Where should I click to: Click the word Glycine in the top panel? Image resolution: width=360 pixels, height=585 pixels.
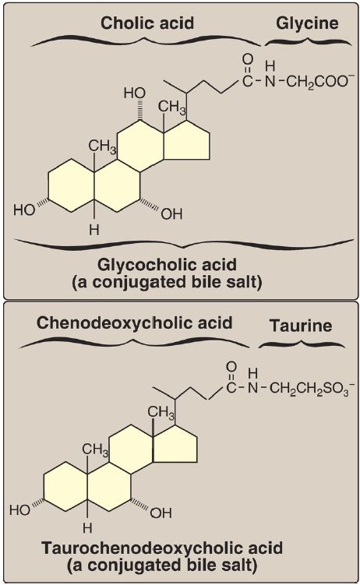pos(307,23)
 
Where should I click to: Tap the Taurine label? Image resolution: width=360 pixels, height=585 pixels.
pos(301,326)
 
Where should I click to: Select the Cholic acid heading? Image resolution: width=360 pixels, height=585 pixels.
pos(147,23)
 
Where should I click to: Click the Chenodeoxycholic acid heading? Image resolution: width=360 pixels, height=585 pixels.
pos(134,322)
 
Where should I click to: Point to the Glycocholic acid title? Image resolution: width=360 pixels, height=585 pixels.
pos(167,265)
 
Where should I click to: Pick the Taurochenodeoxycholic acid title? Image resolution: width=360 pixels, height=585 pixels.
pos(162,548)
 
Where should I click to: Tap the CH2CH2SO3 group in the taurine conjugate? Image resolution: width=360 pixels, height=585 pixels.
pos(308,389)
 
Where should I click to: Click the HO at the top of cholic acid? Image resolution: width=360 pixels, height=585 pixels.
pos(135,93)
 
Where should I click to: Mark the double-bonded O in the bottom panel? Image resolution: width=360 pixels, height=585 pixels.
pos(231,366)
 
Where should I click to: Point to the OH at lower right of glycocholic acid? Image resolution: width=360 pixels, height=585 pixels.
pos(171,214)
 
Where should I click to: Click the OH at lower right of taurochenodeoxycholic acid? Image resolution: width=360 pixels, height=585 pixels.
pos(161,513)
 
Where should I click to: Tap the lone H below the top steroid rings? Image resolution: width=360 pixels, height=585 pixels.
pos(94,230)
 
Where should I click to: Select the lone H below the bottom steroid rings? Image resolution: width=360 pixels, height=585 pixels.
pos(87,527)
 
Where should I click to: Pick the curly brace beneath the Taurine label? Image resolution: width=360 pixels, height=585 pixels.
pos(302,344)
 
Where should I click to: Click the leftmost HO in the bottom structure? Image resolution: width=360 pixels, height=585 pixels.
pos(20,509)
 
